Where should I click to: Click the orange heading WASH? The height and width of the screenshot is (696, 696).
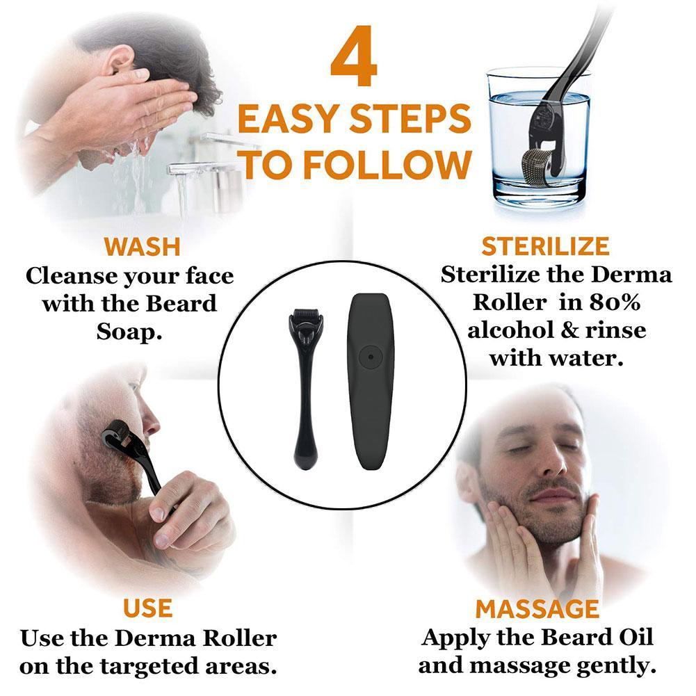pos(142,247)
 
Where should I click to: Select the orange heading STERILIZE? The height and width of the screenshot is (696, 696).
pos(546,246)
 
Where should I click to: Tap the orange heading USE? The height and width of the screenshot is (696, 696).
pos(147,608)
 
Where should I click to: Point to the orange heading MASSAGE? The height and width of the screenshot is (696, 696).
pos(537,608)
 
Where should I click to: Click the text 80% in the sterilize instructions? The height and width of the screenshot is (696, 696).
pos(615,302)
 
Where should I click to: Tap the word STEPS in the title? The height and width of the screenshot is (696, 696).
pos(410,118)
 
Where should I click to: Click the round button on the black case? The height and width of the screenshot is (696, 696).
pos(370,357)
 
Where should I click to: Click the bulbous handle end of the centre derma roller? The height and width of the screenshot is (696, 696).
pos(305,456)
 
